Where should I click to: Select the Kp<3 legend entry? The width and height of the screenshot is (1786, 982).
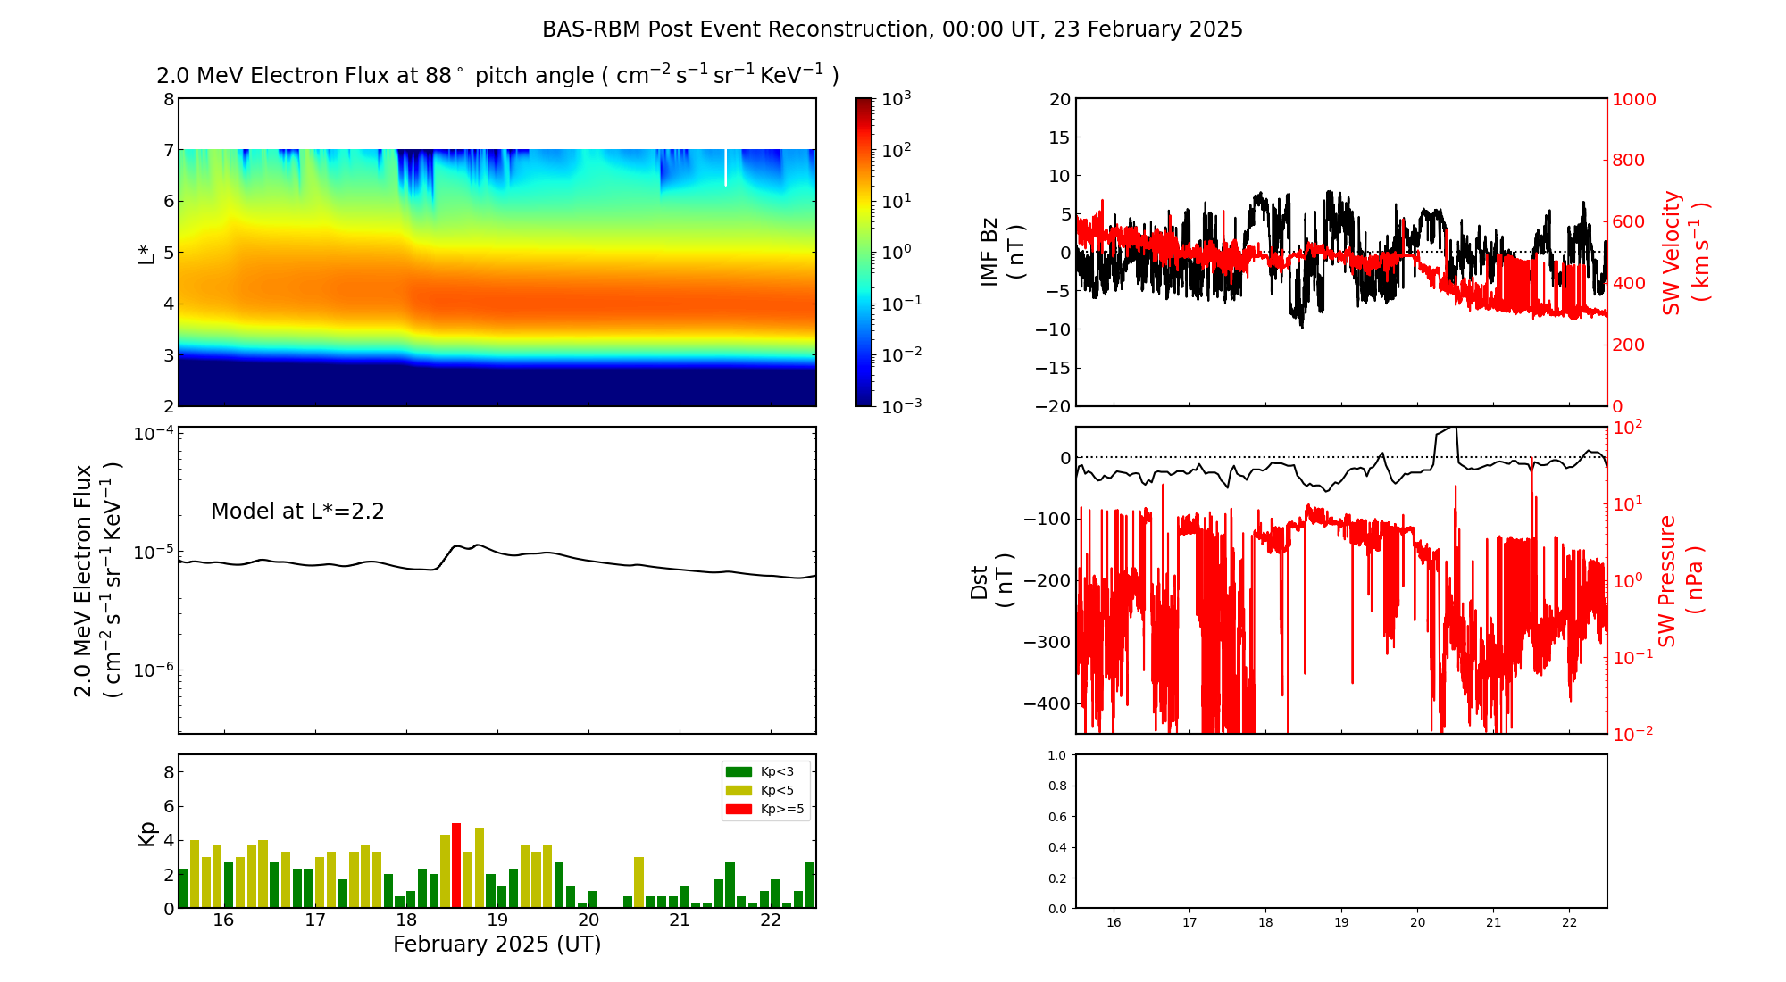[758, 771]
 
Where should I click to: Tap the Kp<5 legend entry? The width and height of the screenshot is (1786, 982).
[758, 790]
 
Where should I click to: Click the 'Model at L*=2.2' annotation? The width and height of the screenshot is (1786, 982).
[297, 512]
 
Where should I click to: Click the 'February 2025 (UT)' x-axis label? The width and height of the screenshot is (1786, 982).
[497, 945]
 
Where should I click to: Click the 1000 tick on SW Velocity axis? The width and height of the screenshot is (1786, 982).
[1634, 99]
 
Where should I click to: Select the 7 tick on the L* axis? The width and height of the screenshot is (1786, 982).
[168, 150]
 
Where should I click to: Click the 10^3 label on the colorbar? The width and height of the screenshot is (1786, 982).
[896, 98]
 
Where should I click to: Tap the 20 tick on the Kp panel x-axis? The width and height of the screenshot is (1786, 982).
[588, 920]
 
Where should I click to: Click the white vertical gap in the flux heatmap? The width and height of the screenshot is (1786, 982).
[725, 168]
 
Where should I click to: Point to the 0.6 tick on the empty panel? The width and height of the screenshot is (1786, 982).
[1056, 817]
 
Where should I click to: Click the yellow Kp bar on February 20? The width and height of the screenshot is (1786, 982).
[638, 882]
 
